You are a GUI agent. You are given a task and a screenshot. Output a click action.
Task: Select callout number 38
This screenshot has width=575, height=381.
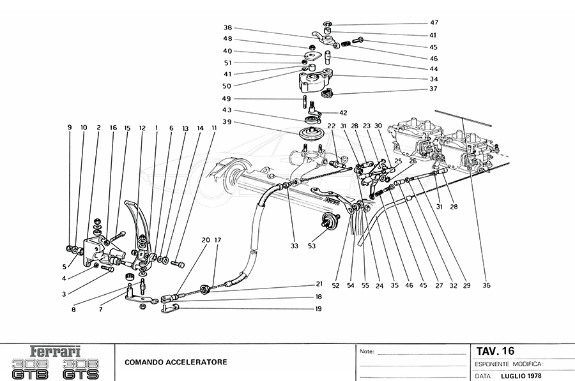coord(228,28)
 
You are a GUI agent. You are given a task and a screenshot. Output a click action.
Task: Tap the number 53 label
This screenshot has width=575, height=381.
coord(311,246)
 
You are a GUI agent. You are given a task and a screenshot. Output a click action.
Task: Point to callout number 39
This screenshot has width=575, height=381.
coord(228,122)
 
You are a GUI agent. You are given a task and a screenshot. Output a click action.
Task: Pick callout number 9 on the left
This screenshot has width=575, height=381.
coord(70,128)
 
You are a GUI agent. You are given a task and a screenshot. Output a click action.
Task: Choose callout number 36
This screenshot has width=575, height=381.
coord(487,286)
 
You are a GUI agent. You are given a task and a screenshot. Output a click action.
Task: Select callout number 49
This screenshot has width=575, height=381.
coord(228,99)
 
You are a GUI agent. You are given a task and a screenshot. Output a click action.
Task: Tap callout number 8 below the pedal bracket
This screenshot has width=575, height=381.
coord(73,310)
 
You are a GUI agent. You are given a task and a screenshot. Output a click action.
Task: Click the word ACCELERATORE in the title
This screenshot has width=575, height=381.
coord(197,362)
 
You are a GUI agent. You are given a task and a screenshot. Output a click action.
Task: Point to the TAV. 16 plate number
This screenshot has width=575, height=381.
coord(495,351)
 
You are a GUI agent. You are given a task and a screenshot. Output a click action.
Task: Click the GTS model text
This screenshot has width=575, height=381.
coord(82,370)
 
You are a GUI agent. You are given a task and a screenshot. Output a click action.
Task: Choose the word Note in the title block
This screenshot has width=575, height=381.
coord(367,352)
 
